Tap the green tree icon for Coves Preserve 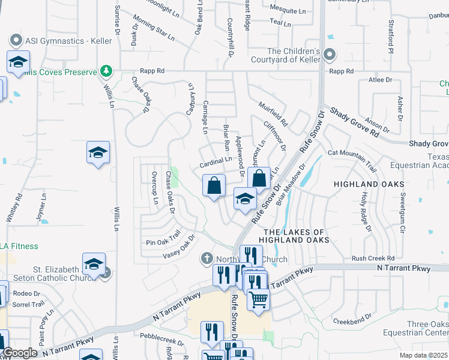[x=106, y=71]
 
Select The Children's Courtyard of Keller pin [x=329, y=55]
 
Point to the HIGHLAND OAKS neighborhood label [x=369, y=184]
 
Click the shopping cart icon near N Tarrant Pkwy [x=258, y=298]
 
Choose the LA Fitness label [x=19, y=246]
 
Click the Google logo [x=19, y=353]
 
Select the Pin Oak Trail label [x=163, y=238]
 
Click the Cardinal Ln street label [x=215, y=161]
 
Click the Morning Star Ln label [x=154, y=28]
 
